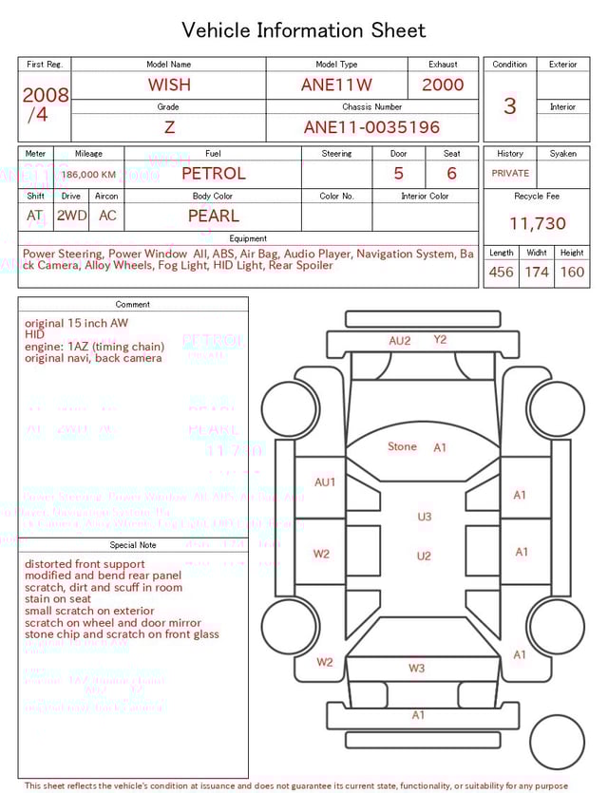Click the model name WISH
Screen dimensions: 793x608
(x=169, y=85)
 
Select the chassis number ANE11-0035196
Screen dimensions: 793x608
(x=371, y=127)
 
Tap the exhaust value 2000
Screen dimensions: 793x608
(x=443, y=85)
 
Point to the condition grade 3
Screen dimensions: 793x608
(x=509, y=105)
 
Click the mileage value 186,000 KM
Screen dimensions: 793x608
(x=89, y=175)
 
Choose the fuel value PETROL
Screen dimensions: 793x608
(x=213, y=174)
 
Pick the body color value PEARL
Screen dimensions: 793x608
(x=213, y=216)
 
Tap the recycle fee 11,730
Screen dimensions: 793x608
(x=537, y=224)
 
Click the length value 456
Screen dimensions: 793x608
(x=501, y=272)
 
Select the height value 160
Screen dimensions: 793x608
(x=572, y=272)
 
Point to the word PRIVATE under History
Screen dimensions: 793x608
(x=510, y=174)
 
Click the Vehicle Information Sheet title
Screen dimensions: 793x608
(x=304, y=30)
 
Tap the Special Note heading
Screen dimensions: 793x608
(x=133, y=545)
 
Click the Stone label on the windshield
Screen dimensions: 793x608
(x=402, y=446)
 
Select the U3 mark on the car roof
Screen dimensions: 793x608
(x=424, y=517)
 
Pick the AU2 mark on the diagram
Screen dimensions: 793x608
(x=400, y=341)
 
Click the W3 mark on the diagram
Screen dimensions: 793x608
(x=416, y=668)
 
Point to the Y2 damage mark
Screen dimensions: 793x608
(x=440, y=339)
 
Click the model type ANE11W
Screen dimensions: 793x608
(x=336, y=85)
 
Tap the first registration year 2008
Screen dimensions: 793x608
(x=45, y=95)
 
